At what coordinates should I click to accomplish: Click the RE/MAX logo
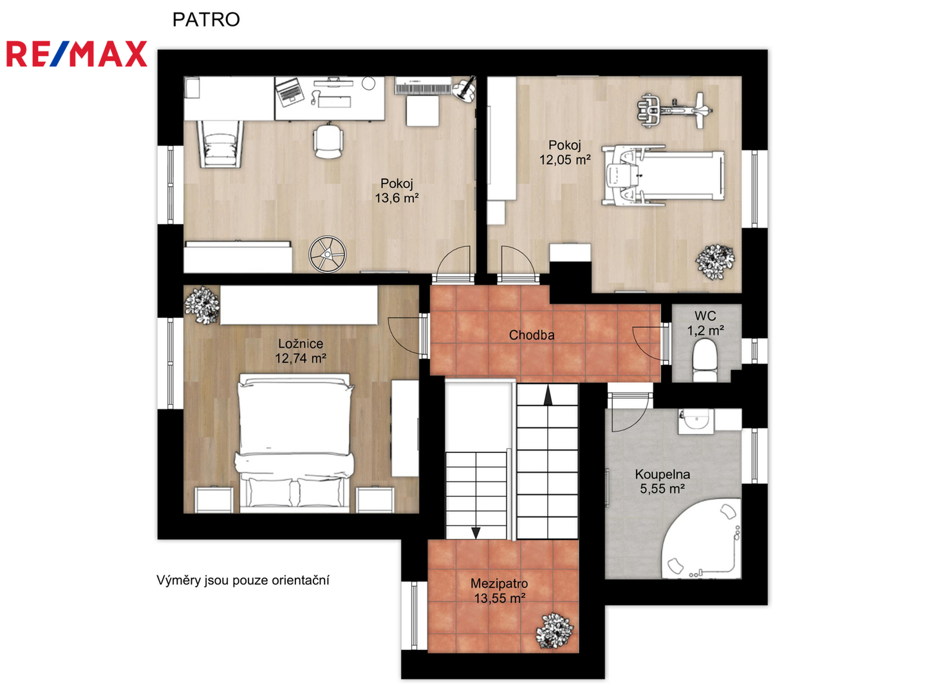(x=77, y=54)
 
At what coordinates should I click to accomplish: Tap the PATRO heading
(x=206, y=19)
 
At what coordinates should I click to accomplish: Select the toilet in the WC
(x=704, y=361)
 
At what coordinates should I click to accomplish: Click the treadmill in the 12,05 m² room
(x=663, y=175)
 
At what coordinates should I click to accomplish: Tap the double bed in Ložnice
(x=295, y=443)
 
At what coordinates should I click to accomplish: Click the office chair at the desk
(x=328, y=140)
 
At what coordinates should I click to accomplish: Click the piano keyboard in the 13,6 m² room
(x=423, y=86)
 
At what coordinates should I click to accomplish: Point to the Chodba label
(x=531, y=335)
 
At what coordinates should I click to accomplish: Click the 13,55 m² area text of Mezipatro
(x=500, y=598)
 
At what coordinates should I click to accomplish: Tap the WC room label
(x=706, y=315)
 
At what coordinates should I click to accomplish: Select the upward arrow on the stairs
(x=548, y=395)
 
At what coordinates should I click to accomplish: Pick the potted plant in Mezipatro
(x=554, y=631)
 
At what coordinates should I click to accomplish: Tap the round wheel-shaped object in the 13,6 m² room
(x=327, y=254)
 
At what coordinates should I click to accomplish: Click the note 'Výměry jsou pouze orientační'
(x=243, y=580)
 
